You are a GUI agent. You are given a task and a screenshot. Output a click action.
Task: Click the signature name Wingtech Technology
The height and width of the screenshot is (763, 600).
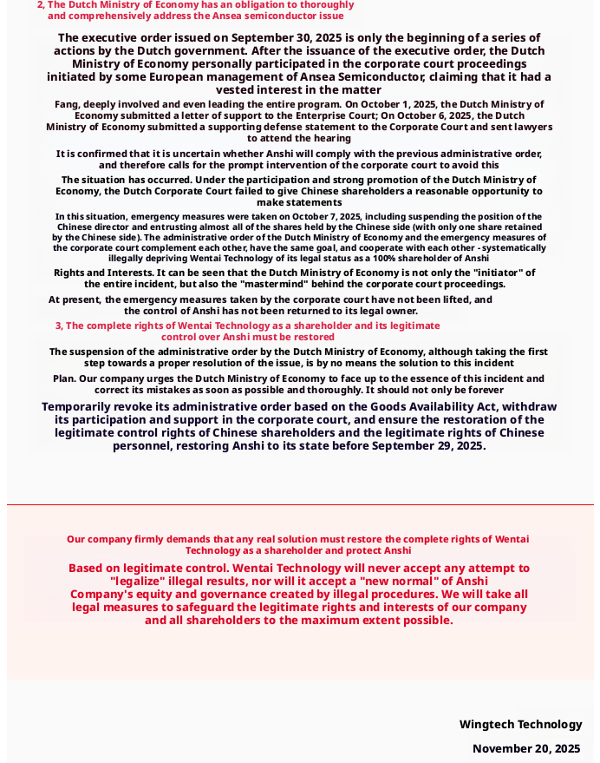click(520, 724)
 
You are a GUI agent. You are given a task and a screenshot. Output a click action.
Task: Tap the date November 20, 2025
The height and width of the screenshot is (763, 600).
click(525, 748)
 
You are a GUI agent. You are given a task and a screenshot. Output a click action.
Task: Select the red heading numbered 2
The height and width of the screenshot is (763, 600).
click(195, 10)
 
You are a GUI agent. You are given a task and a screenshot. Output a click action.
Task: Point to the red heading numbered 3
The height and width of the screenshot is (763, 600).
click(247, 331)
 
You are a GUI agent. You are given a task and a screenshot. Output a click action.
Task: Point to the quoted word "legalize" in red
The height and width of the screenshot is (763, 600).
click(144, 581)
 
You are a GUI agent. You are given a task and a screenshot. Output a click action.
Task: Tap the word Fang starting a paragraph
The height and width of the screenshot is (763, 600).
click(67, 104)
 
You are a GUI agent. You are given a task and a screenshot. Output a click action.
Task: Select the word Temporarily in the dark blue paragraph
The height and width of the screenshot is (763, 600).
click(79, 406)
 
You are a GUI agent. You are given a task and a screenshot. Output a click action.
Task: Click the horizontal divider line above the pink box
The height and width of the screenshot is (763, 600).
click(300, 504)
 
